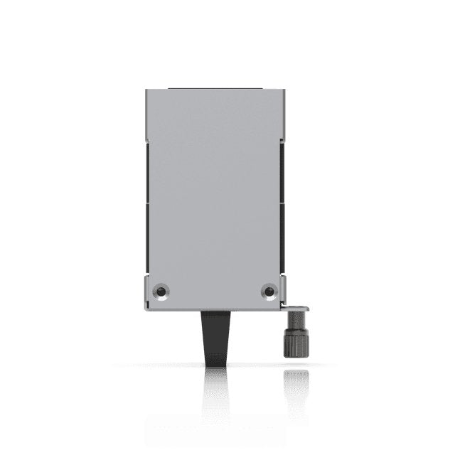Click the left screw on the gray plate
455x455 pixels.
tap(161, 291)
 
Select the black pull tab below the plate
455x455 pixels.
tap(215, 337)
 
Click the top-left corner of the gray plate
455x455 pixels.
tap(146, 90)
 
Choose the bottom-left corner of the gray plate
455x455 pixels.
tap(146, 310)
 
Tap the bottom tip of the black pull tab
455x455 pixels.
tap(215, 365)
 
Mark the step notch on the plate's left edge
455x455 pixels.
tap(146, 139)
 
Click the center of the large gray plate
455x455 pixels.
tap(215, 192)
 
